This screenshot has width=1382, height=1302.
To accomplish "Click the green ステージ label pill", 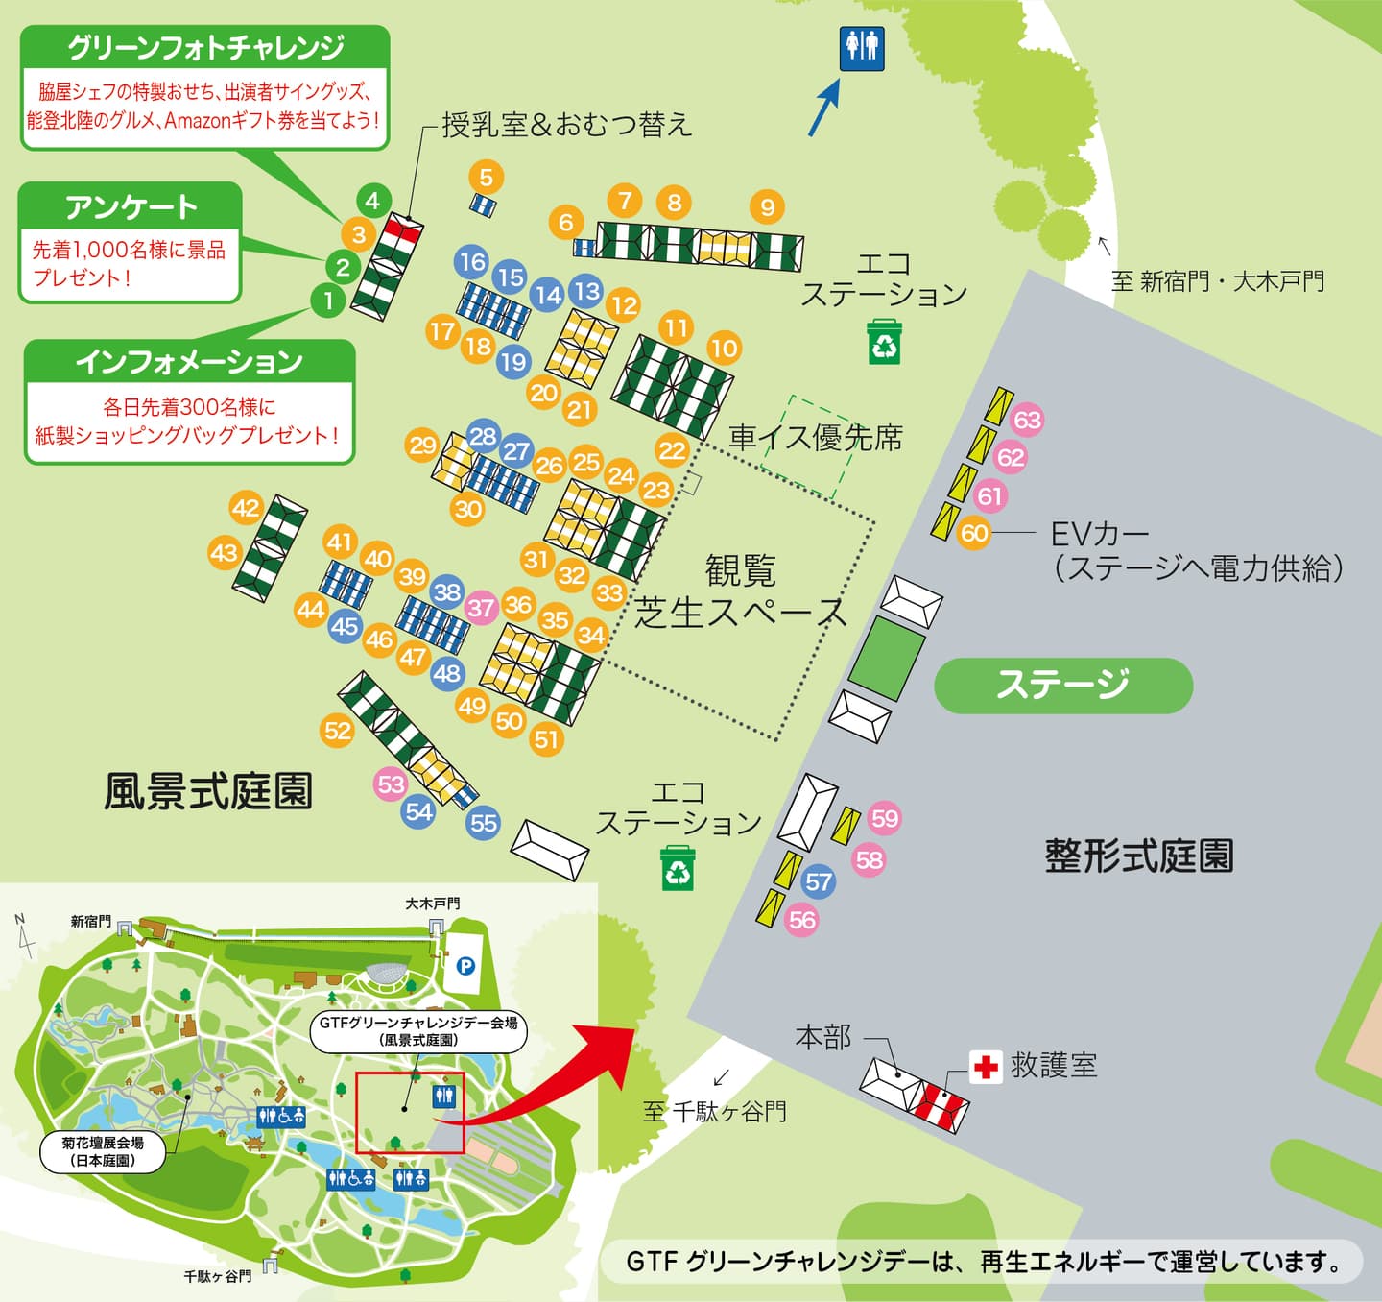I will point(1063,685).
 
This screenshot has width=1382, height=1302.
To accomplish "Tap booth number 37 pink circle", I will point(481,607).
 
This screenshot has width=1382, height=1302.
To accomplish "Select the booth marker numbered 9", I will point(767,206).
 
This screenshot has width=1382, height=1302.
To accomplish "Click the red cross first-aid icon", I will point(985,1067).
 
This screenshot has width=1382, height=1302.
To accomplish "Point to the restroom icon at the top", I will point(861,48).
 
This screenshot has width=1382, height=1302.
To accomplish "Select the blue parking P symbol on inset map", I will point(466,966).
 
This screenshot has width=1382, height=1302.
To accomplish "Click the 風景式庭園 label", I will point(208,791).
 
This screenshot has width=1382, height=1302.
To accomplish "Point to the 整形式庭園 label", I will point(1139,855).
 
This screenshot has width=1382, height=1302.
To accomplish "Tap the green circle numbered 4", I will point(372,201).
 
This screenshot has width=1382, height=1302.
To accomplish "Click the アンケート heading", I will point(131,205).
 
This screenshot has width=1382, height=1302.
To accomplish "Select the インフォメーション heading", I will point(189,361).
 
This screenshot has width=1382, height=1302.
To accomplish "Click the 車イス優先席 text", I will point(815,438).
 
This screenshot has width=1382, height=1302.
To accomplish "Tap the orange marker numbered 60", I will point(973,533).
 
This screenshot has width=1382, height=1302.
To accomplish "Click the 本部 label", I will point(822,1037).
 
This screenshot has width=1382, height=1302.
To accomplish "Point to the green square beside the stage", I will point(886,658).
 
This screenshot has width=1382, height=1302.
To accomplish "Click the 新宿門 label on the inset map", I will point(90,922).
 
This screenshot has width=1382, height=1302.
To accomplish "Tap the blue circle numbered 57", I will point(818,881).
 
